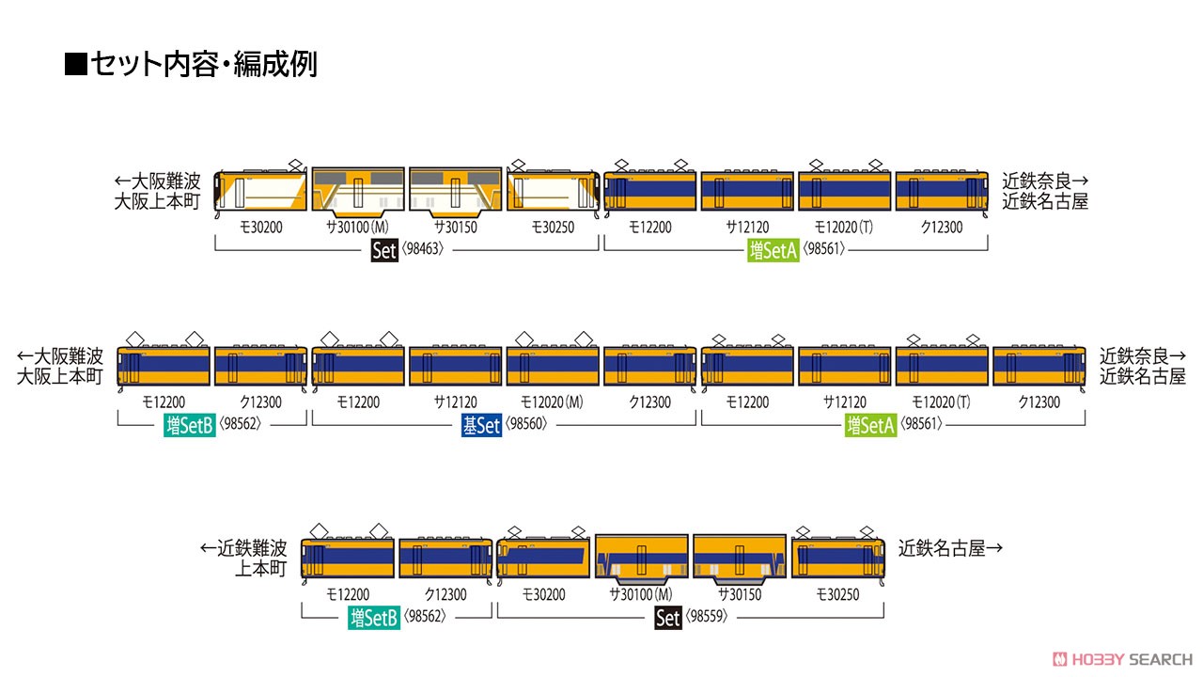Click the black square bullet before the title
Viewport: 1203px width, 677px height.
tap(76, 64)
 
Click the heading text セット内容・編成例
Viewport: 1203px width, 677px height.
tap(204, 65)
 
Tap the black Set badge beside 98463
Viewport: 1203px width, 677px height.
tap(384, 250)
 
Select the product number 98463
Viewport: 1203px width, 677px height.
tap(423, 249)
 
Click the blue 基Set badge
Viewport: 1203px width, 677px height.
tap(481, 426)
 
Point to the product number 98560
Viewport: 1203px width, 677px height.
tap(526, 424)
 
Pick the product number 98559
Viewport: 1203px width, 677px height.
tap(706, 616)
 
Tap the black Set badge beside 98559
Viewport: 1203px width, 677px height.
tap(668, 618)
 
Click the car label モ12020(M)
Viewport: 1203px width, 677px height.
tap(552, 402)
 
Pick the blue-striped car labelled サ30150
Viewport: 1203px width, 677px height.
tap(740, 559)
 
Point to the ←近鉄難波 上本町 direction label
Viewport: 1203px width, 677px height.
tap(243, 559)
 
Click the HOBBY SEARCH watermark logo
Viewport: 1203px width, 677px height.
tap(1122, 659)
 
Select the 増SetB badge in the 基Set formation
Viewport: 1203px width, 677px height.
tap(190, 426)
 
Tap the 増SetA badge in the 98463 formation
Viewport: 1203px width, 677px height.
tap(773, 250)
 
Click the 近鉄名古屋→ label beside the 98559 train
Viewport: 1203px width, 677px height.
tap(950, 548)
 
